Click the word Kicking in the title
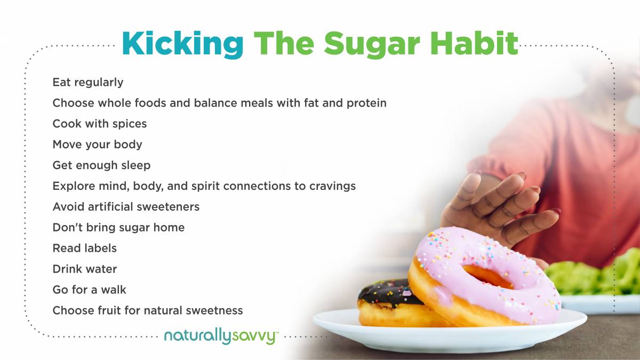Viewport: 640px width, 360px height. pos(182,44)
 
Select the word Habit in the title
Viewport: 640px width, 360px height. pos(474,43)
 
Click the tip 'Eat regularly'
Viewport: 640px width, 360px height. pos(88,83)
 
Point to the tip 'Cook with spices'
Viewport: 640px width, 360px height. pos(99,124)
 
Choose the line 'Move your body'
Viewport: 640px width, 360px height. pos(97,145)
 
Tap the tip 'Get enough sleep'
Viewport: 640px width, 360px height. pos(101,166)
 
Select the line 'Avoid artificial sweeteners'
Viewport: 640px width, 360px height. pos(126,206)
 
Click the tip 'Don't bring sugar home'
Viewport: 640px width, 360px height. pos(118,228)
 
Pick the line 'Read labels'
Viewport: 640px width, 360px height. pos(85,248)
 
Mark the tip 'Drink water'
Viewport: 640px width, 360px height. pos(85,269)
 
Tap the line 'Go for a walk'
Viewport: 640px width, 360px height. pos(89,290)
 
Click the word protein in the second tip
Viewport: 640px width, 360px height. pos(366,103)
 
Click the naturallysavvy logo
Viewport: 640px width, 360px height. pos(220,337)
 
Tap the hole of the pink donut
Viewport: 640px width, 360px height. pos(487,276)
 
